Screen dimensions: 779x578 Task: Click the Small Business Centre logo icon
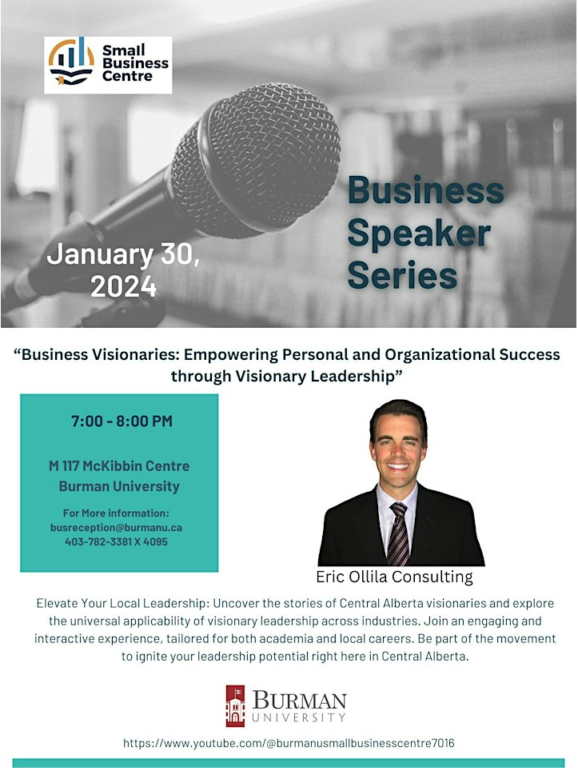pyautogui.click(x=71, y=64)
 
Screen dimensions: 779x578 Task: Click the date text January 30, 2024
pyautogui.click(x=123, y=270)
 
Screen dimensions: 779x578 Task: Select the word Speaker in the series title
pyautogui.click(x=418, y=233)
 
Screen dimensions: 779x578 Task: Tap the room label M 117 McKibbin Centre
pyautogui.click(x=118, y=465)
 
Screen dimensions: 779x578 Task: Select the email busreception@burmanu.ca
pyautogui.click(x=117, y=528)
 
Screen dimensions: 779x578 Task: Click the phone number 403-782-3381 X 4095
pyautogui.click(x=117, y=541)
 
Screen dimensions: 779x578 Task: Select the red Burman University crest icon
pyautogui.click(x=235, y=705)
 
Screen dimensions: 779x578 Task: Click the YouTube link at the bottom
pyautogui.click(x=289, y=743)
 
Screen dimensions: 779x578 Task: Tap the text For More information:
pyautogui.click(x=116, y=513)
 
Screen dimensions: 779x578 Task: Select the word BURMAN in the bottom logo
pyautogui.click(x=300, y=701)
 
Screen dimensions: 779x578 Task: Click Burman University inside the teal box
pyautogui.click(x=118, y=486)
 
